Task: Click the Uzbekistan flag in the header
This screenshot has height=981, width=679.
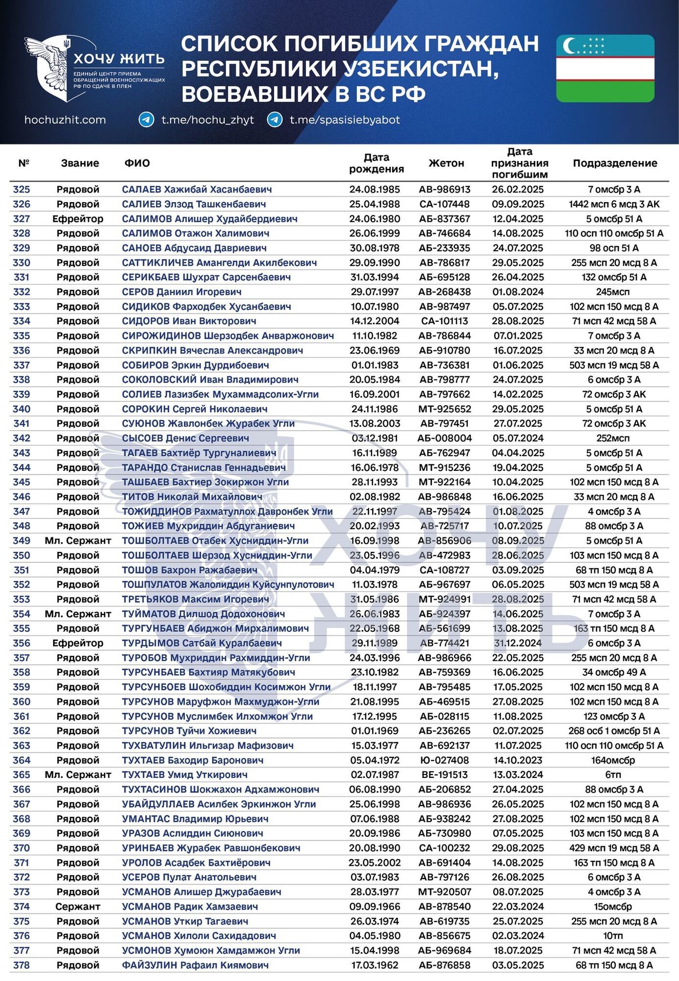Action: [605, 68]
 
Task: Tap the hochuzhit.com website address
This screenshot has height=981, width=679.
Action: [65, 120]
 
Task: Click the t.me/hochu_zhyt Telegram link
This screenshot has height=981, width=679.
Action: [207, 120]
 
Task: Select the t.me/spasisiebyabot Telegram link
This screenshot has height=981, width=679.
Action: [345, 120]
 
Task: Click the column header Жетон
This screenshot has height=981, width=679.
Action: [446, 163]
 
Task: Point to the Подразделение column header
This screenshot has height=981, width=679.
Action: [615, 163]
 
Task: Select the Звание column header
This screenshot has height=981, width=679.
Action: [80, 163]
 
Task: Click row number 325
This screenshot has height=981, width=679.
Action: [22, 189]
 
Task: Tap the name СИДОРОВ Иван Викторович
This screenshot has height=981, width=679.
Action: [189, 321]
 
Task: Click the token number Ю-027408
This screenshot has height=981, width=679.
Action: [445, 760]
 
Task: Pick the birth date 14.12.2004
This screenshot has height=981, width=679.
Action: [375, 321]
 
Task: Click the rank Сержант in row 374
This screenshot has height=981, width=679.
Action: [78, 906]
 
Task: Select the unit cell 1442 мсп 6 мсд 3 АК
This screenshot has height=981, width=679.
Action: [614, 204]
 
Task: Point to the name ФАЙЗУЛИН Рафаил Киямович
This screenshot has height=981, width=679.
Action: [195, 965]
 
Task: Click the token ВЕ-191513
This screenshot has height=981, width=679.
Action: [445, 775]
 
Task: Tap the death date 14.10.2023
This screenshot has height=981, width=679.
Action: [518, 760]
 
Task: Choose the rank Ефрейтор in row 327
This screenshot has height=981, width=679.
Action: [78, 219]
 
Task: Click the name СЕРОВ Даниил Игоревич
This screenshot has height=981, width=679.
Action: [181, 292]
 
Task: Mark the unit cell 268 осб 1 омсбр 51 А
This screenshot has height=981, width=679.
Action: [614, 731]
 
